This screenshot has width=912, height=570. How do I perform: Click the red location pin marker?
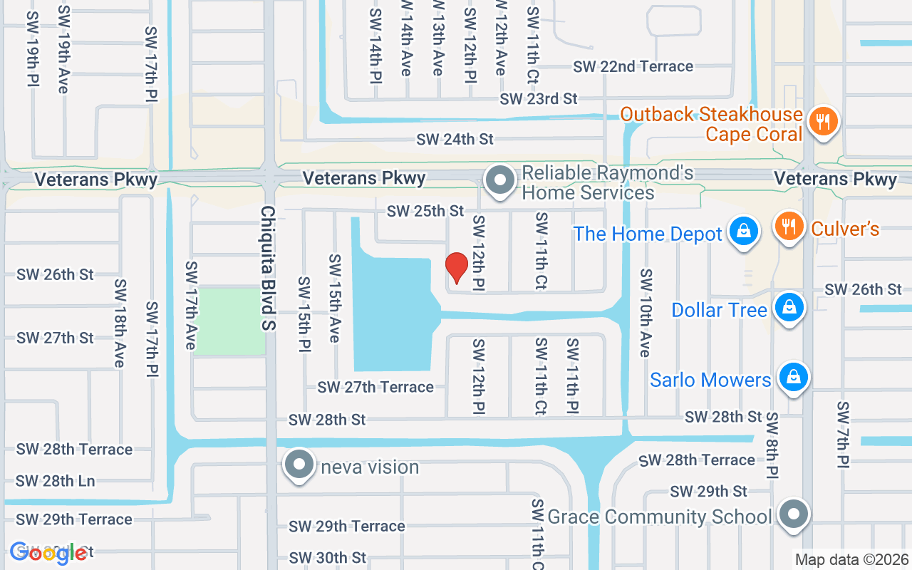pos(456,268)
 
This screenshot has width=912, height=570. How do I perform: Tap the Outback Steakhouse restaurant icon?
pos(823,121)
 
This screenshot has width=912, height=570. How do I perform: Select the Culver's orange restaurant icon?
pos(789,227)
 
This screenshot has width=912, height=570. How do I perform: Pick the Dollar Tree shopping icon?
pos(789,309)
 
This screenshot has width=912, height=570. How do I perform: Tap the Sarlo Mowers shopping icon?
pos(792,377)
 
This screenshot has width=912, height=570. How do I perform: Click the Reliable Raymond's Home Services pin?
pos(500,180)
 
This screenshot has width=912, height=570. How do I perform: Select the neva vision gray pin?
pos(299,465)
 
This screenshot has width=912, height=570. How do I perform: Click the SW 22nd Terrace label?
pos(633,66)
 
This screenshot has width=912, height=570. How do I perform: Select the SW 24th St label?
pos(455,139)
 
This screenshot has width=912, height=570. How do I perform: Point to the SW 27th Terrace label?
pos(375,387)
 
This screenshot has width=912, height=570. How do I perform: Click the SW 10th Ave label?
pos(646,313)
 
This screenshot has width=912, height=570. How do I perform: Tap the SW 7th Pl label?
pos(843,435)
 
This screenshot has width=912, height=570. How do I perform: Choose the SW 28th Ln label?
pos(56,481)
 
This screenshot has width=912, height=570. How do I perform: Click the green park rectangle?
pos(229,321)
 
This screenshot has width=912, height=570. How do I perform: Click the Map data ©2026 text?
pos(851,560)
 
